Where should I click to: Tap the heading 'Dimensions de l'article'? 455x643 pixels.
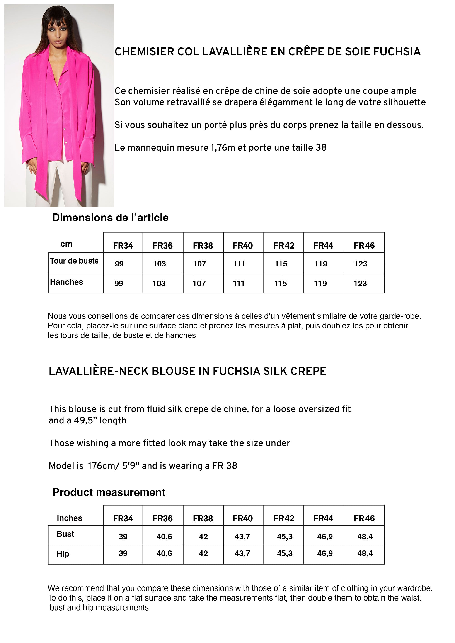[x=110, y=218]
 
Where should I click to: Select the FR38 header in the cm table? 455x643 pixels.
[x=203, y=246]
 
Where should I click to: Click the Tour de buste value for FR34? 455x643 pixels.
[x=119, y=264]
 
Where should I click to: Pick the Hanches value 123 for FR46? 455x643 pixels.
[x=360, y=284]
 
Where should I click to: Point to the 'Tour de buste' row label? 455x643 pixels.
[x=74, y=261]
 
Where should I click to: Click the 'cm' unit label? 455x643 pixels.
[x=66, y=244]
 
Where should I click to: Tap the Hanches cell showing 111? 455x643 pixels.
[x=239, y=284]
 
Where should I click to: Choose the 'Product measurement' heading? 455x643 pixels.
[x=109, y=492]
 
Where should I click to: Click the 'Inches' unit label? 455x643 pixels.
[x=70, y=518]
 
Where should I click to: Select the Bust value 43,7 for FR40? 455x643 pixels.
[x=242, y=536]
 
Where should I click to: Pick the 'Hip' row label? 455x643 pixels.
[x=63, y=554]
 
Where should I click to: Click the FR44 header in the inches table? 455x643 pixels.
[x=323, y=518]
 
